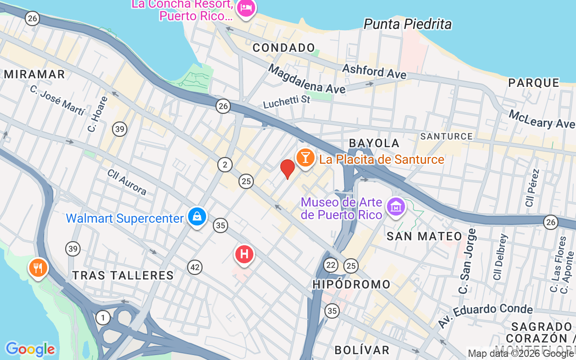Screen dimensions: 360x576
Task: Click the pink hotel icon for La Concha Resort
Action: [246, 8]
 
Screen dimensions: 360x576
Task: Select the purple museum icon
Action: [396, 207]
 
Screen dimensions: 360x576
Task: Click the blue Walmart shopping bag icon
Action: [197, 217]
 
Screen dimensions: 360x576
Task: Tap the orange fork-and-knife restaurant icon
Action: [38, 267]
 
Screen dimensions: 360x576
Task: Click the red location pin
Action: [287, 169]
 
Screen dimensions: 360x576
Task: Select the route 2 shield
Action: [225, 165]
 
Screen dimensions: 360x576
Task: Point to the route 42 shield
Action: [194, 267]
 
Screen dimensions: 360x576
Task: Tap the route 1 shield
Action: [103, 318]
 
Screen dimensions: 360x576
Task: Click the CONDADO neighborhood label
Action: [283, 48]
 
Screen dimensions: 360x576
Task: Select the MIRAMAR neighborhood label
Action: [34, 74]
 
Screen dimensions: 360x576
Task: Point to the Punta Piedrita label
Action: [407, 24]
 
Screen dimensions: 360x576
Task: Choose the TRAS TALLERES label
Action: [123, 275]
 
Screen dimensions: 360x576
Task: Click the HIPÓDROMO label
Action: [351, 284]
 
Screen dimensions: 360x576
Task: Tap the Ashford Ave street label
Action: [374, 71]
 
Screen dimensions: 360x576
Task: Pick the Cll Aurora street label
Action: [127, 182]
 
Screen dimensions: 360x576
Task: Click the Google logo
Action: [30, 349]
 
